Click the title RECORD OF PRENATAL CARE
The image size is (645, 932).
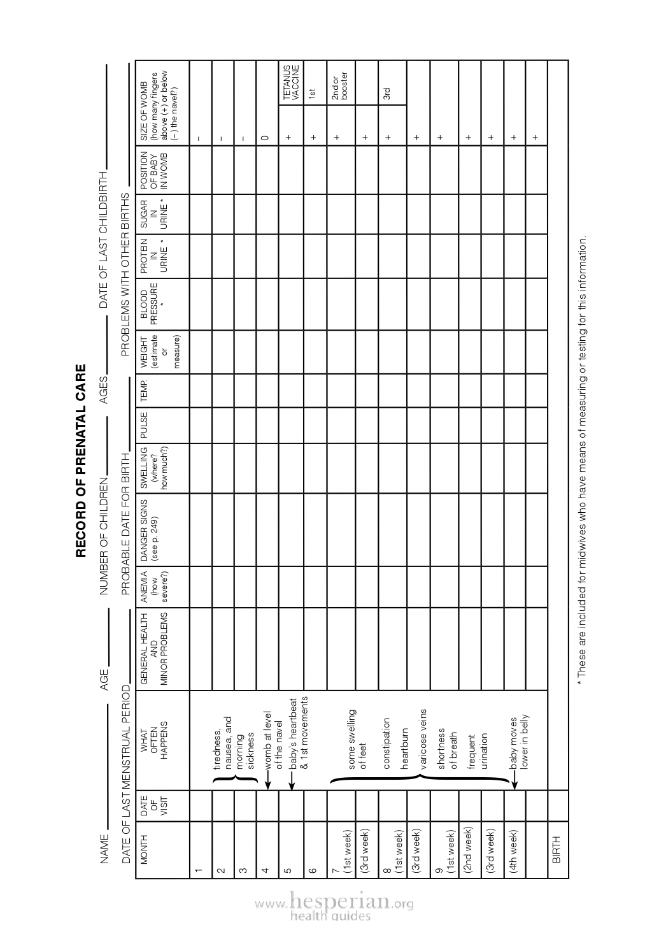(x=81, y=461)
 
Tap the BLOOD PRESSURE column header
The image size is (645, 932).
(x=153, y=304)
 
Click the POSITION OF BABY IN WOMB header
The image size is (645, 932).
(x=153, y=169)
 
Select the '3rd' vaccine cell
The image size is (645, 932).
(x=386, y=93)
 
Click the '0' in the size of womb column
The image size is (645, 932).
(x=266, y=136)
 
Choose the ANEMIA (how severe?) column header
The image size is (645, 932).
(x=153, y=587)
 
